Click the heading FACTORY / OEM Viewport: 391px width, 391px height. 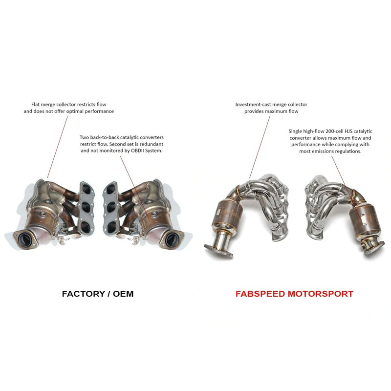point(97,294)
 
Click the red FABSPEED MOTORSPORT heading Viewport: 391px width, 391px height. point(294,294)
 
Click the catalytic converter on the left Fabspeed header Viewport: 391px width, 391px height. point(226,216)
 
